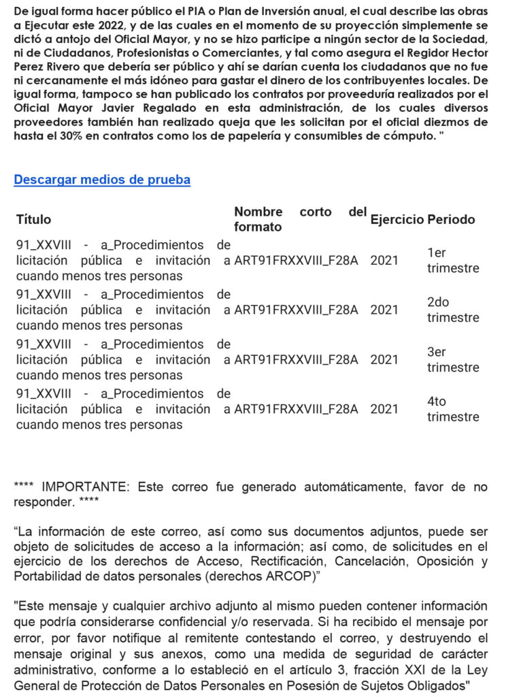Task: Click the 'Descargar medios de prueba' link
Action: (x=102, y=180)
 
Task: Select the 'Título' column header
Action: (x=33, y=219)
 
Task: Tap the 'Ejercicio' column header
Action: (x=397, y=219)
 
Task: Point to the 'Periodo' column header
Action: (x=451, y=219)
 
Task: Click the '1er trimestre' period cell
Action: (x=452, y=261)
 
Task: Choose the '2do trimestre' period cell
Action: (x=452, y=310)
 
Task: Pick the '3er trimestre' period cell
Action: (x=452, y=360)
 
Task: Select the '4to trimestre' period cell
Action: (x=452, y=410)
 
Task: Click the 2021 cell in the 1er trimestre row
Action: (x=384, y=261)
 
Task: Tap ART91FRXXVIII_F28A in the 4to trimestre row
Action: (x=296, y=409)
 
